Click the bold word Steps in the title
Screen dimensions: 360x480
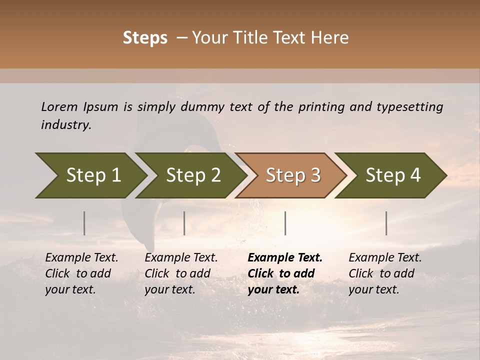click(145, 38)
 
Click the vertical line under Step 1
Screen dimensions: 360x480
click(84, 223)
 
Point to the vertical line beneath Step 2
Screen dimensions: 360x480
click(184, 223)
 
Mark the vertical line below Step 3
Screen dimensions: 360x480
click(285, 223)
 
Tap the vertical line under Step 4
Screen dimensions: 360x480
click(386, 223)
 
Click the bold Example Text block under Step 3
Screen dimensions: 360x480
click(285, 273)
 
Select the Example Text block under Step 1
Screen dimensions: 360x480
click(81, 273)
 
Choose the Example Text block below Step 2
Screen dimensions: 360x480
click(181, 273)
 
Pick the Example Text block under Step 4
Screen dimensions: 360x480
click(385, 273)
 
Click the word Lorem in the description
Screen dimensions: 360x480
click(59, 107)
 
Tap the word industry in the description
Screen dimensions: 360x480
click(66, 125)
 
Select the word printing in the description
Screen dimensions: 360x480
click(322, 107)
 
